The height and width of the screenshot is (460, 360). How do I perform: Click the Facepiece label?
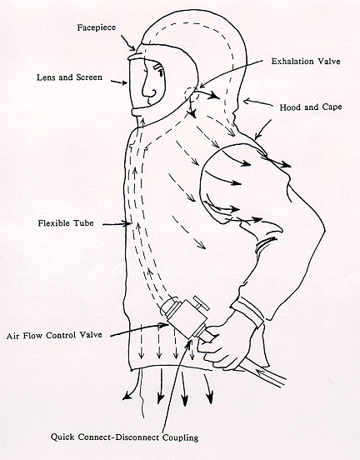[97, 27]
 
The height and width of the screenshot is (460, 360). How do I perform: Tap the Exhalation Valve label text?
[306, 62]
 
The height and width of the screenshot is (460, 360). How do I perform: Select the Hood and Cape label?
[310, 107]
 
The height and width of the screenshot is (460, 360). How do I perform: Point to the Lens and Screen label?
[69, 77]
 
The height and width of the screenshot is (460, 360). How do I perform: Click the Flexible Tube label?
[66, 223]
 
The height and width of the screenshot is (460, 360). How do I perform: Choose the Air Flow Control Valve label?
[54, 335]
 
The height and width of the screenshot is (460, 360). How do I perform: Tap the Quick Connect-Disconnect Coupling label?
[124, 437]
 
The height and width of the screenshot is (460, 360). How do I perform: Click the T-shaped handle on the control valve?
[202, 303]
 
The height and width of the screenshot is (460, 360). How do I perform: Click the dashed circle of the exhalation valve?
[189, 93]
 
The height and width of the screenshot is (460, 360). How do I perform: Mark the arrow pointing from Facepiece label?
[127, 42]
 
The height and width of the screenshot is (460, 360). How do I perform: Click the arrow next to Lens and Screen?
[119, 82]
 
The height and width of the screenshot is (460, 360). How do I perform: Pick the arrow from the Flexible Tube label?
[117, 224]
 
